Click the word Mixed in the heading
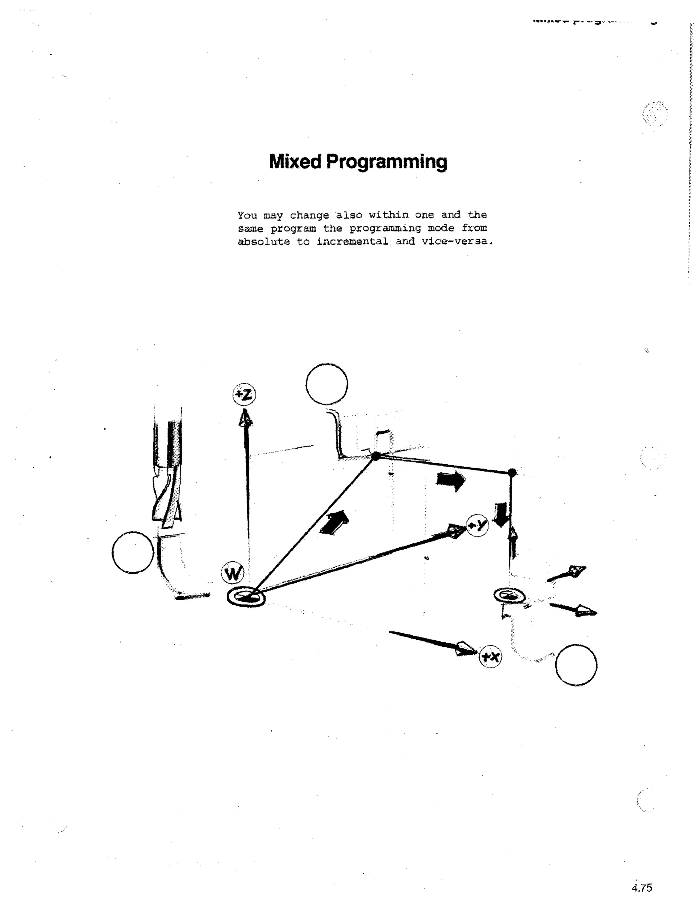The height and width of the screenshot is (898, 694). pos(295,162)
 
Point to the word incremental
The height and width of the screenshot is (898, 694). pos(352,242)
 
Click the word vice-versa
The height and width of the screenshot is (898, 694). pos(457,241)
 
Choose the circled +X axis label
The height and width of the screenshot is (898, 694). pos(490,657)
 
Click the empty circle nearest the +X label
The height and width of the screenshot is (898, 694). pos(576,665)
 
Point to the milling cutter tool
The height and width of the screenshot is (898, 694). pos(166,473)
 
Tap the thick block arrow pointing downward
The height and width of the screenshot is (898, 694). pos(501,514)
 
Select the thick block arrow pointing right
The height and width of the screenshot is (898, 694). pos(451,480)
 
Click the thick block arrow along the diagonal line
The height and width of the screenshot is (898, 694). pos(334,523)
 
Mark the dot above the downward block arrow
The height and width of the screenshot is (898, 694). pos(512,472)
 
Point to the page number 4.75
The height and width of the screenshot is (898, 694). pos(642,887)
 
